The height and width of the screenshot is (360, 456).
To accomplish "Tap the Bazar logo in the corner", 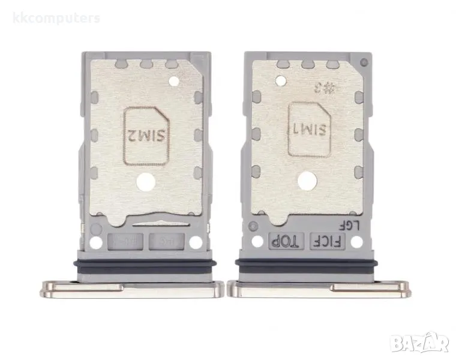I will [x=419, y=343].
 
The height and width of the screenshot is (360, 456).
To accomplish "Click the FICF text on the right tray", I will [x=328, y=242].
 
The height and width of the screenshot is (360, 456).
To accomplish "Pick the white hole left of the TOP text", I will [x=258, y=242].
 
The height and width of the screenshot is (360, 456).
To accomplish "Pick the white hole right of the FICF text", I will [x=356, y=242].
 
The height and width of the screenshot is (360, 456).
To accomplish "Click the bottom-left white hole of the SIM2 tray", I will [x=95, y=243].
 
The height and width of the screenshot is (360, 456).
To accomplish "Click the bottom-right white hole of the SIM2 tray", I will [x=195, y=243].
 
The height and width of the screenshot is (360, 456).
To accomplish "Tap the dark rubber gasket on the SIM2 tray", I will [x=144, y=265].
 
